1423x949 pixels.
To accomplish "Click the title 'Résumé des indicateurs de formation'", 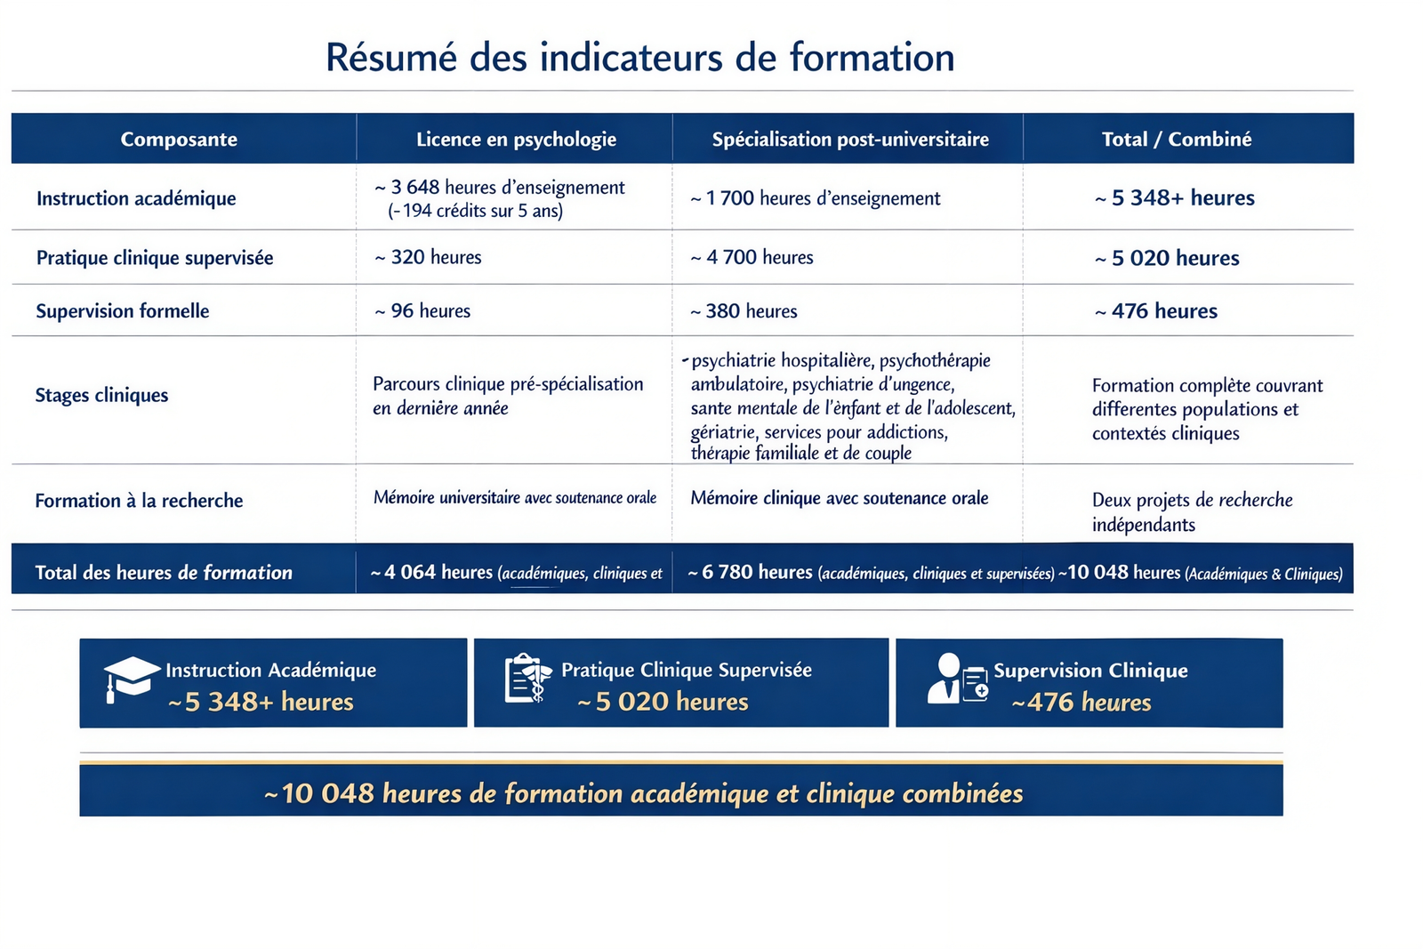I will coord(639,58).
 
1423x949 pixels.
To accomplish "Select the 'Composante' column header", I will coord(179,139).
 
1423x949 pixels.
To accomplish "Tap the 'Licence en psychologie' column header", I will coord(516,139).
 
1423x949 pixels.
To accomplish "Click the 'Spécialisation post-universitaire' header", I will coord(849,139).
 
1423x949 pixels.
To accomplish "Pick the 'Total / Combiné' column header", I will coord(1176,139).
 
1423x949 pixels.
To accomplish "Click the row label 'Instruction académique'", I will coord(136,198).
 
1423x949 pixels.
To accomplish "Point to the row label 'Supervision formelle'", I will coord(123,311).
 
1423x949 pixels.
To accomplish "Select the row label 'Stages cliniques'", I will coord(101,395).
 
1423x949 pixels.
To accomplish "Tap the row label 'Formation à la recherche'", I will coord(139,501).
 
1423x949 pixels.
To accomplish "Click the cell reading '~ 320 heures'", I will coord(428,258).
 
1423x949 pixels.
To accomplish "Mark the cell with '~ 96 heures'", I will coord(422,311).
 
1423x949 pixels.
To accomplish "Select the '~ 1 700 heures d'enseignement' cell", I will coord(815,198).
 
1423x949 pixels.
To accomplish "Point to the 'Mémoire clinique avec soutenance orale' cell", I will coord(839,498).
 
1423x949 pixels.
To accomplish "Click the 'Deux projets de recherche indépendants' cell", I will coord(1191,511).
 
